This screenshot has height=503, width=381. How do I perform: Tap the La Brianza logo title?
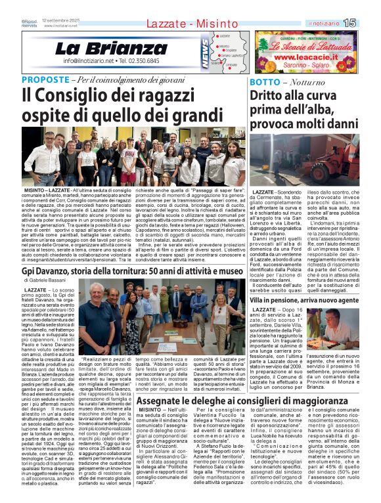[111, 49]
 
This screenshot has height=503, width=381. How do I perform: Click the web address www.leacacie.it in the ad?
[305, 58]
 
